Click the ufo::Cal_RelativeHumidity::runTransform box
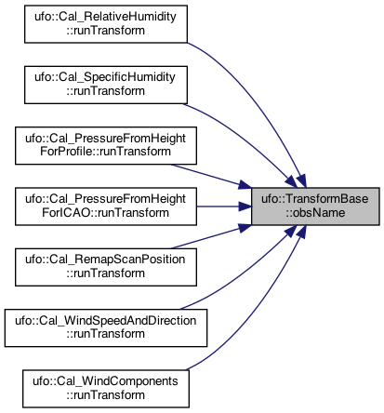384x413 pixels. (106, 24)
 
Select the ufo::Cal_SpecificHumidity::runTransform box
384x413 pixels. (106, 85)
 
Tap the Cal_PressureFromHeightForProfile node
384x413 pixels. (106, 145)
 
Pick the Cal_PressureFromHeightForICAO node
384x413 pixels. (106, 206)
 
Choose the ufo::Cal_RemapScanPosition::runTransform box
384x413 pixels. (106, 267)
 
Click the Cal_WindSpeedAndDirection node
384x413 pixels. (106, 327)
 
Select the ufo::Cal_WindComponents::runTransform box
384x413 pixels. (106, 389)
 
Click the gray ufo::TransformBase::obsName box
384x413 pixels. (315, 206)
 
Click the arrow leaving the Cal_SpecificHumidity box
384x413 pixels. (245, 139)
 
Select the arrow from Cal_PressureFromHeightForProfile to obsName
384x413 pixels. (211, 176)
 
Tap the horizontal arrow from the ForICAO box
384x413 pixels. (224, 206)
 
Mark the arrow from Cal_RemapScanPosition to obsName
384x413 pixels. (211, 236)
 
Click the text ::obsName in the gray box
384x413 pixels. (315, 213)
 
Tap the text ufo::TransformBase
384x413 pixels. (315, 199)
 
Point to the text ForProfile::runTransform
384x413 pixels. (105, 152)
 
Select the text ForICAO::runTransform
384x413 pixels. (105, 213)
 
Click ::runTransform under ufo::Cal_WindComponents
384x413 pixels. (105, 395)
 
